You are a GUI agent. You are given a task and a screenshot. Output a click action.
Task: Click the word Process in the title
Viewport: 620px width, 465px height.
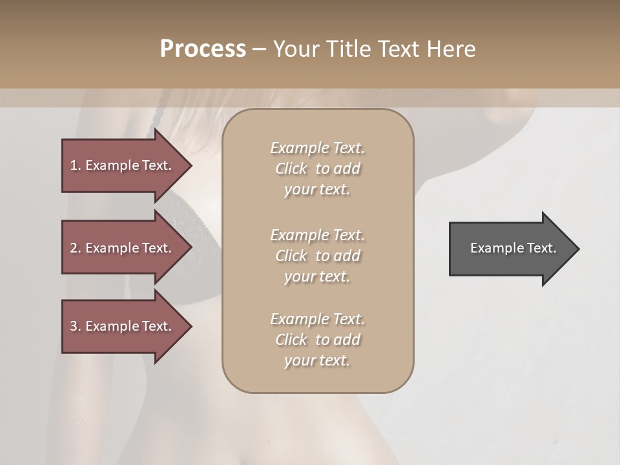(x=203, y=49)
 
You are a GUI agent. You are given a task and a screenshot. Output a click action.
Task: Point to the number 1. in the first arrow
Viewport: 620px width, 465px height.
(x=75, y=165)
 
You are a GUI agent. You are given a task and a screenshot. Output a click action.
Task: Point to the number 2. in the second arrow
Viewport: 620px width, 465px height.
(x=75, y=248)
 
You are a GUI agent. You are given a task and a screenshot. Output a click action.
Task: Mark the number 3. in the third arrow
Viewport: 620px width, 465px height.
(x=75, y=326)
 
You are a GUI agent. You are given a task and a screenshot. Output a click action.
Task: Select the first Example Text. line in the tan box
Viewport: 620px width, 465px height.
(x=317, y=148)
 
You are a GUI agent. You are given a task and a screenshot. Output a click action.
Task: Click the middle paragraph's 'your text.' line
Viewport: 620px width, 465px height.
(x=317, y=276)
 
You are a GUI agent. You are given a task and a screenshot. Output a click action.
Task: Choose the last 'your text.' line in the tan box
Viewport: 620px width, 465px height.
(x=317, y=360)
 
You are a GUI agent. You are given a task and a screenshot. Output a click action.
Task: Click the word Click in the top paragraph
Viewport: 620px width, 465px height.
(x=291, y=169)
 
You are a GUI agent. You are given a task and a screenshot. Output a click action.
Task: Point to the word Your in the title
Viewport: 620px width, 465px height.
(x=294, y=49)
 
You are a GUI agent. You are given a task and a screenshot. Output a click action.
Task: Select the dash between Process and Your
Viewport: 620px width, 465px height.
(x=259, y=49)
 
